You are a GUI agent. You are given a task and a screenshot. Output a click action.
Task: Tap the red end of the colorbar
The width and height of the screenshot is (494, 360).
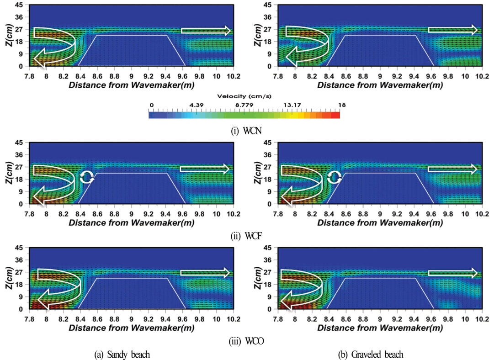(336, 115)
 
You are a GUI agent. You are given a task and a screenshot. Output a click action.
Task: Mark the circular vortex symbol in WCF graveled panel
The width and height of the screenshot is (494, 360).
(335, 177)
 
